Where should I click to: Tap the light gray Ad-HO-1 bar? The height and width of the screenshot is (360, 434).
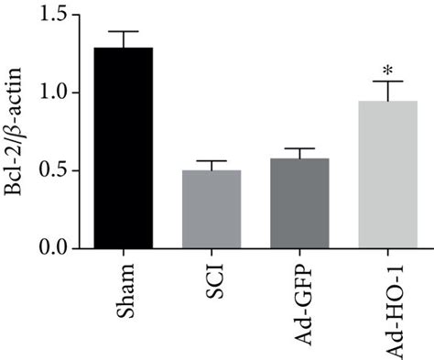click(387, 174)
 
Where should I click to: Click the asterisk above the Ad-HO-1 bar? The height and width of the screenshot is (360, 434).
click(387, 70)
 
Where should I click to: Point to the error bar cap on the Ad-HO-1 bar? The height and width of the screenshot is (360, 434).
click(387, 81)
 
